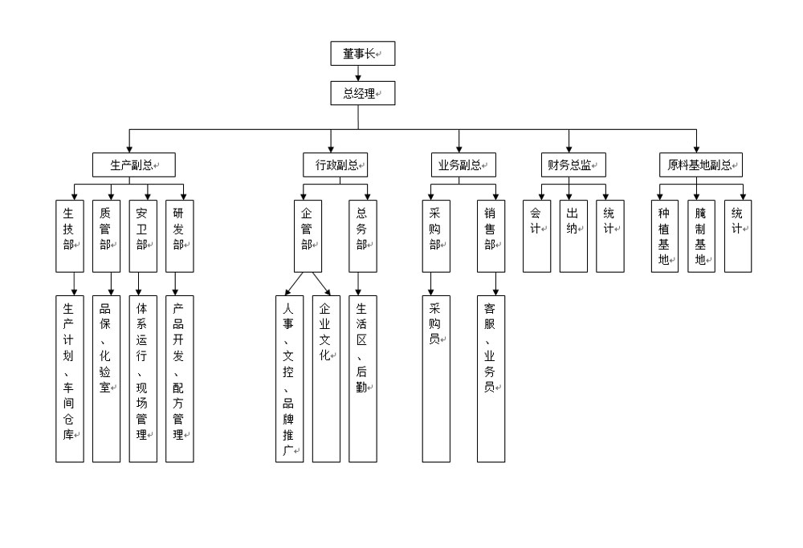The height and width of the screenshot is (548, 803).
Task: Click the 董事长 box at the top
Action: (x=363, y=54)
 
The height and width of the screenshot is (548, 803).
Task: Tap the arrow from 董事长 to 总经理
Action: (x=358, y=73)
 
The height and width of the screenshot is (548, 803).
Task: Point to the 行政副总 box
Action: (x=336, y=165)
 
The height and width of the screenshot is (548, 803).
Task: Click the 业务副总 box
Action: (x=463, y=165)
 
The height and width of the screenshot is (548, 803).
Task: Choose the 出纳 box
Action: (x=573, y=236)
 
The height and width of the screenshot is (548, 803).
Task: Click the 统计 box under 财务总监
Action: (x=609, y=236)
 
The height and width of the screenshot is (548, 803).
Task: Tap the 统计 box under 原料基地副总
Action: (x=738, y=236)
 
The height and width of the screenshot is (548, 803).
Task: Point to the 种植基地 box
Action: (x=664, y=236)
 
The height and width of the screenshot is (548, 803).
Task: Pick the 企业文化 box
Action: (x=326, y=379)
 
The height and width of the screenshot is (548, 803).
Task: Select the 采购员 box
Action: (x=436, y=379)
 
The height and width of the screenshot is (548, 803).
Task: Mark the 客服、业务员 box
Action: (x=491, y=379)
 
